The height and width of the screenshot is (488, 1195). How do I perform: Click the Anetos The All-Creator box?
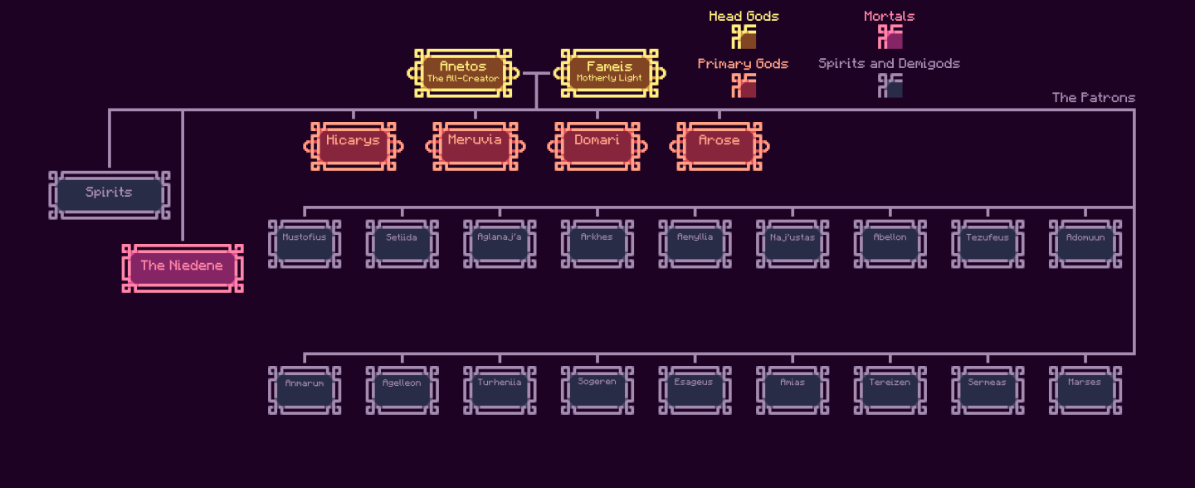[x=463, y=73]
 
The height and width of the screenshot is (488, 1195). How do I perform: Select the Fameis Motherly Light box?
[x=609, y=73]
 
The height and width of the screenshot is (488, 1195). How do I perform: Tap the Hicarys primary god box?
[x=353, y=146]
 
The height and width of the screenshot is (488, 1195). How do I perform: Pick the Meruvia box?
[x=475, y=146]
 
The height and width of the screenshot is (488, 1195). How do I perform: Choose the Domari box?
[x=597, y=146]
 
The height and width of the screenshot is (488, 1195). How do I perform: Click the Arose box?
[x=719, y=146]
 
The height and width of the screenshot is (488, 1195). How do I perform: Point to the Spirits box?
[x=109, y=195]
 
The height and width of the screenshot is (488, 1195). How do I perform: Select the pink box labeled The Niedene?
[x=182, y=268]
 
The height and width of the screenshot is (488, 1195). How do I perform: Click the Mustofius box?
[x=305, y=243]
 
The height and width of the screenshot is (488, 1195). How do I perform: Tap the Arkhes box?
[x=597, y=243]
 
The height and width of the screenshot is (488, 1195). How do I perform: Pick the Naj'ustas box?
[x=793, y=243]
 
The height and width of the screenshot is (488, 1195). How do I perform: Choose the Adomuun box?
[x=1085, y=243]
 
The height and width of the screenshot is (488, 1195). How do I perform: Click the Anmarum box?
[x=305, y=389]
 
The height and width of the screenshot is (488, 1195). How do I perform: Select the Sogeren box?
[x=597, y=389]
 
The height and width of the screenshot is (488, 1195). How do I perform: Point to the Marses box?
[x=1085, y=389]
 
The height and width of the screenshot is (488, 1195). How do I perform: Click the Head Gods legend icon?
[x=744, y=37]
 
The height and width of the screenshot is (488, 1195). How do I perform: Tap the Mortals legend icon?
[x=890, y=37]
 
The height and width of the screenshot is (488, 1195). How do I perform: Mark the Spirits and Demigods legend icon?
[x=890, y=85]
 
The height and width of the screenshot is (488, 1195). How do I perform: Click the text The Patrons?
[x=1093, y=98]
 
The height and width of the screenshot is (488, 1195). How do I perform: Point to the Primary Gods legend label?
[x=743, y=64]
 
